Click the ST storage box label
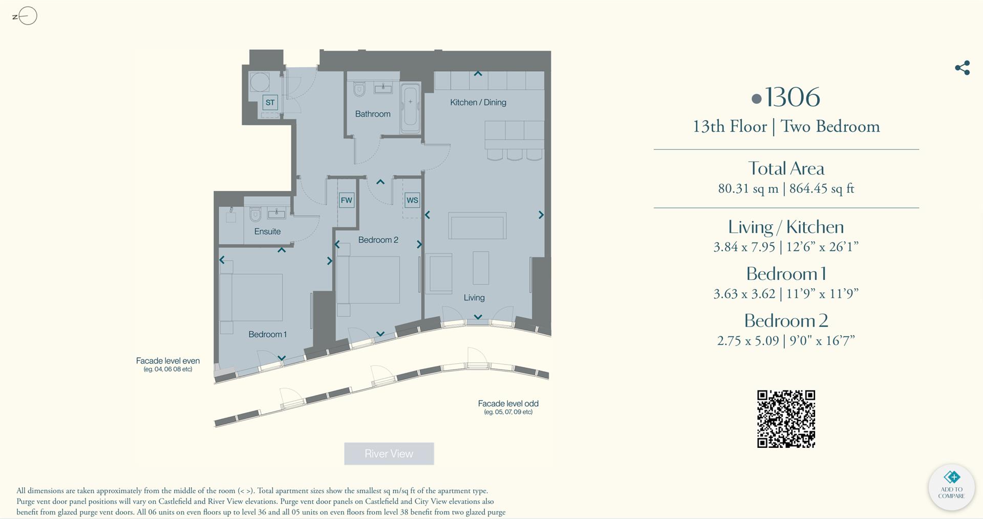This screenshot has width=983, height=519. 270,102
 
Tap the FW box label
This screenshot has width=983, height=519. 347,200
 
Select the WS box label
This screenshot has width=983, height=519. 412,200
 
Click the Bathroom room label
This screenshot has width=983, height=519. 373,114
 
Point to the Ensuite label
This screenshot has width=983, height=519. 267,231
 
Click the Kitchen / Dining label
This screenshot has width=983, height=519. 478,102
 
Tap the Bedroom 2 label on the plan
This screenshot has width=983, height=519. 378,240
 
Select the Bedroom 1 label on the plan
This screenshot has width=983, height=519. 267,334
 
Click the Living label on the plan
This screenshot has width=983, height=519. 474,297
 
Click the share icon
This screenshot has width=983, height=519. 962,68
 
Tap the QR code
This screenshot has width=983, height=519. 786,419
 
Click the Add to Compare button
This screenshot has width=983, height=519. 951,487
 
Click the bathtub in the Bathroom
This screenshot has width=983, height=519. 410,107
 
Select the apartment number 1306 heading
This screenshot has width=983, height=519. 786,97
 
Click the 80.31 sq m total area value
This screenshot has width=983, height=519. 747,188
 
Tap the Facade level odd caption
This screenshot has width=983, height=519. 508,404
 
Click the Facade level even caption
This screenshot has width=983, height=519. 167,361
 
